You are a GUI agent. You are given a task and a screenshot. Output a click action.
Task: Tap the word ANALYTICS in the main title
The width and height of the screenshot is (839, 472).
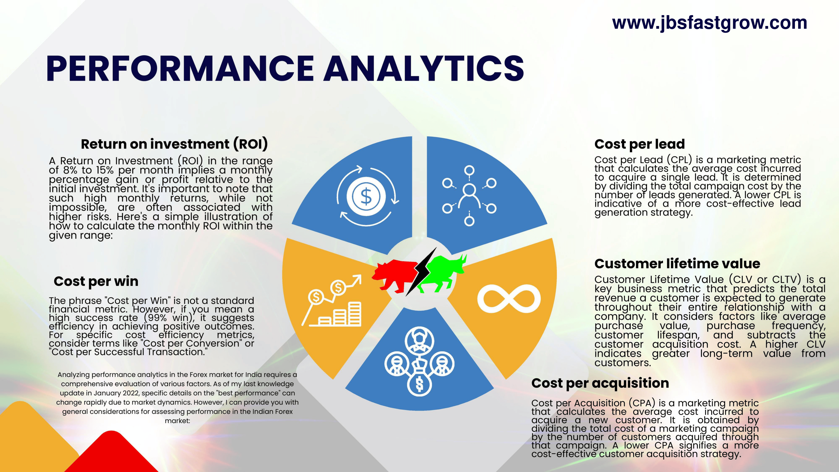[424, 68]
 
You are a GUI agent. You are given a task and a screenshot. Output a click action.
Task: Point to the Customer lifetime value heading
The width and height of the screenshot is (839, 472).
[677, 263]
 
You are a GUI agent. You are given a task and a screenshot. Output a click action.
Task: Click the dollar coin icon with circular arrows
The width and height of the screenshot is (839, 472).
[366, 196]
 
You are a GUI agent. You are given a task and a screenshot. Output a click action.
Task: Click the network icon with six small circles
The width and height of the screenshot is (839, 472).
[469, 196]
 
